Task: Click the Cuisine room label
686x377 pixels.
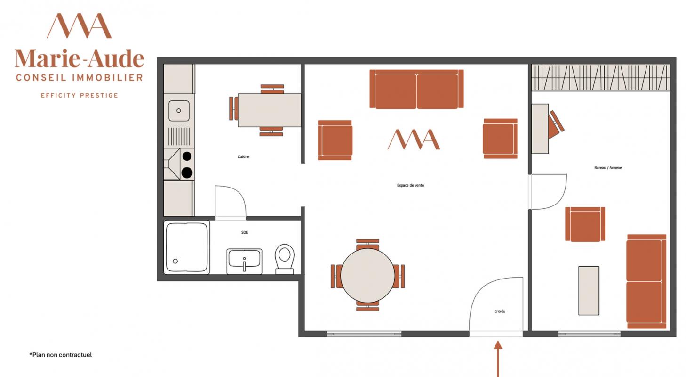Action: click(243, 157)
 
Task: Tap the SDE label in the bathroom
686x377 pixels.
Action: click(245, 232)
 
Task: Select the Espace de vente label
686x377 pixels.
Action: click(410, 185)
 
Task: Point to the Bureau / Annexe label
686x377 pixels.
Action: click(608, 167)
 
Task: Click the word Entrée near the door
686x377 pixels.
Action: click(500, 311)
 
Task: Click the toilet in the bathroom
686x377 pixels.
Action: click(285, 259)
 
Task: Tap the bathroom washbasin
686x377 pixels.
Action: click(244, 262)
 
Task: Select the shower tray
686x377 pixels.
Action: click(187, 247)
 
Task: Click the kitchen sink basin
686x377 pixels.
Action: click(179, 111)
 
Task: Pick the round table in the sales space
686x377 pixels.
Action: click(367, 275)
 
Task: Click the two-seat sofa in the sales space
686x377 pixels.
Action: click(416, 89)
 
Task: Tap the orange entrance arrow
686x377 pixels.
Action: click(498, 359)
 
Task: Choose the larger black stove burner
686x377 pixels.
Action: click(187, 172)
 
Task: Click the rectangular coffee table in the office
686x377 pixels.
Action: click(589, 291)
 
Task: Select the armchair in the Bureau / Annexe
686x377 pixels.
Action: click(585, 224)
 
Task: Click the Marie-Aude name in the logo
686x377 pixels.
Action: click(80, 58)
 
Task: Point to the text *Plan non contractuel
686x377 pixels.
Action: click(61, 355)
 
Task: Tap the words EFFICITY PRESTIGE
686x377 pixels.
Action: click(80, 95)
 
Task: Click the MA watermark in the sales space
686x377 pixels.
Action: click(414, 139)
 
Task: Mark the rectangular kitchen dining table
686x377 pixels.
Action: click(270, 110)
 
